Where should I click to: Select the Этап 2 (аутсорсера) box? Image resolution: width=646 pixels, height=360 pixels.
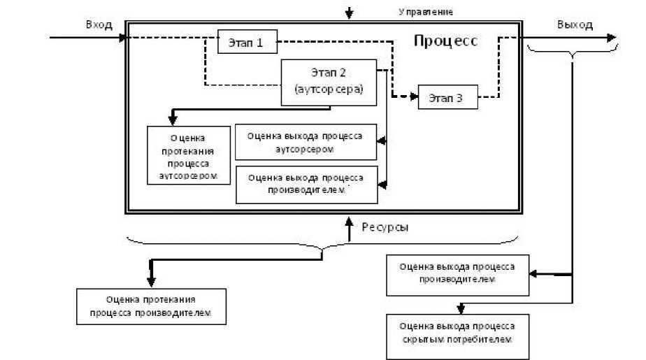(x=328, y=82)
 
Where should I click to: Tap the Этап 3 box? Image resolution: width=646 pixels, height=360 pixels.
(x=448, y=97)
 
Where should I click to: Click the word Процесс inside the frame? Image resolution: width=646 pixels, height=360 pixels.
(x=445, y=41)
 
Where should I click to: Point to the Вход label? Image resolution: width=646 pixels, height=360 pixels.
(x=99, y=24)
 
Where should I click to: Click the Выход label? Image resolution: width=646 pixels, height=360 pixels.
(x=575, y=24)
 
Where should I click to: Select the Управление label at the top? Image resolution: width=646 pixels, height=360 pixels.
(x=426, y=11)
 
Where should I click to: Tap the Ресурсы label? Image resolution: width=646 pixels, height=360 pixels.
(x=385, y=227)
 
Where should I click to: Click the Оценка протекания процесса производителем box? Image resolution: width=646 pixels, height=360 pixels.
(x=152, y=307)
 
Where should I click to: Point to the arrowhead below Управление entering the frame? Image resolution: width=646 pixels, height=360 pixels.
(x=350, y=15)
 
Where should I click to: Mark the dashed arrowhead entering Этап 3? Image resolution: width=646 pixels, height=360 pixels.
(x=414, y=96)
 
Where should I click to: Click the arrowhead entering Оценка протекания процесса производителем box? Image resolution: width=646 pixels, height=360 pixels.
(x=150, y=282)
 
